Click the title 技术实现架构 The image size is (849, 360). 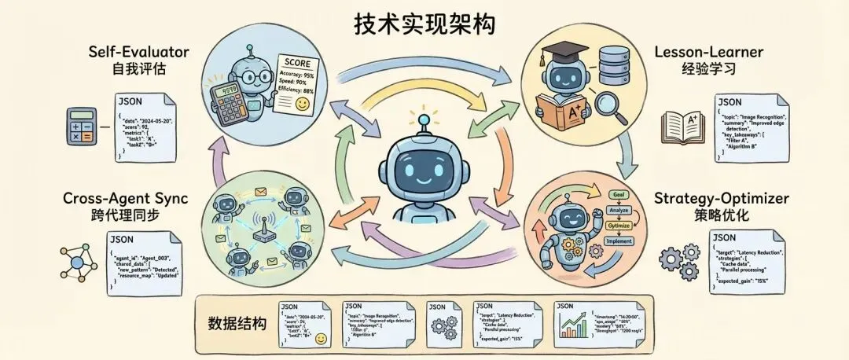(424, 24)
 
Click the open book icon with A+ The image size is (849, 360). (682, 126)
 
